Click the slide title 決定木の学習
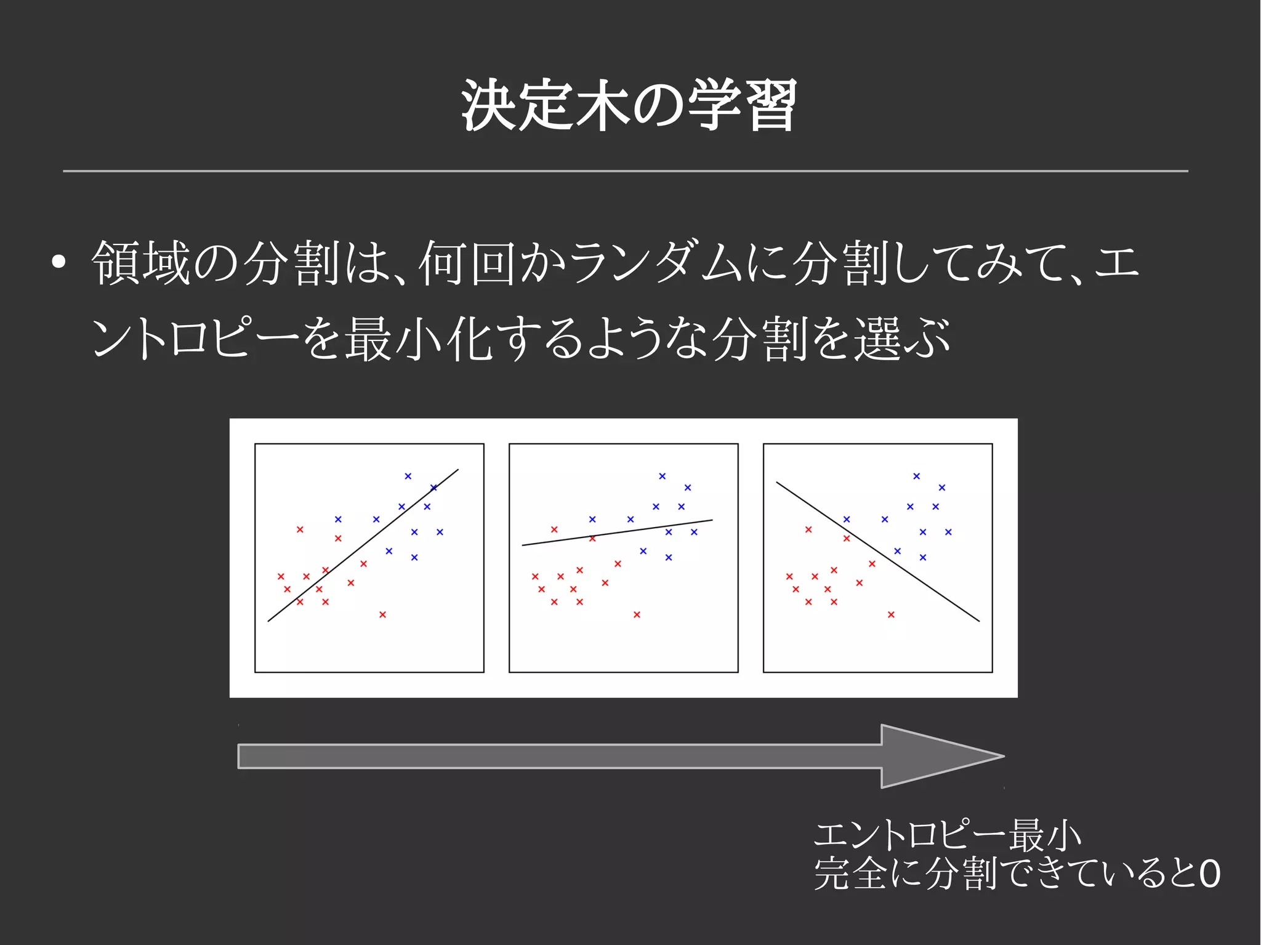(x=629, y=106)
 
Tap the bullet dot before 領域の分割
(x=58, y=262)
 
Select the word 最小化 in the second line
(x=418, y=338)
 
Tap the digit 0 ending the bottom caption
(x=1209, y=874)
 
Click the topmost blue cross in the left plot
(x=408, y=476)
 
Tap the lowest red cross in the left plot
(x=382, y=614)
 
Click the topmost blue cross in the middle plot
(x=662, y=476)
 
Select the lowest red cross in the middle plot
(x=637, y=614)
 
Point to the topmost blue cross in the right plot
(x=916, y=476)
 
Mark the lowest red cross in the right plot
(x=891, y=614)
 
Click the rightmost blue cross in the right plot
(x=948, y=532)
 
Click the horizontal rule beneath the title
(x=625, y=171)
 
